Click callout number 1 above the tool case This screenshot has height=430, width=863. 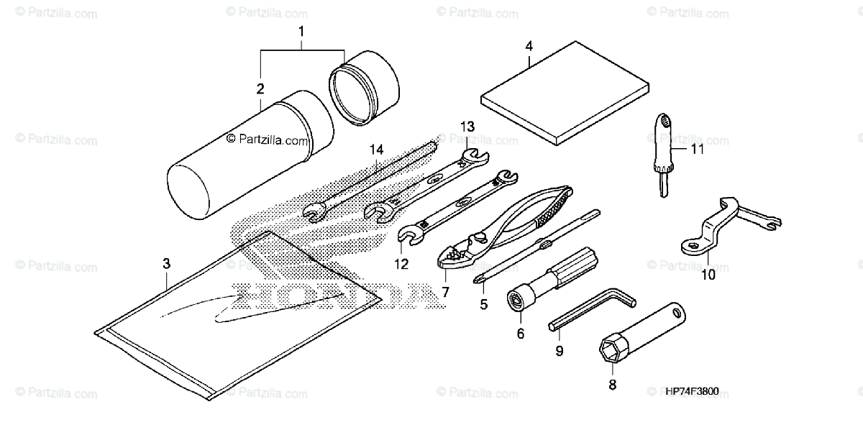(301, 31)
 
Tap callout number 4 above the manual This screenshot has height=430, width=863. (529, 46)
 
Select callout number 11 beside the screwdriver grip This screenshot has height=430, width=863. (696, 150)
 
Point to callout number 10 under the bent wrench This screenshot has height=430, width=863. (709, 274)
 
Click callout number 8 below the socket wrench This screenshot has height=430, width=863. (612, 385)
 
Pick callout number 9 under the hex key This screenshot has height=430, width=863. (559, 351)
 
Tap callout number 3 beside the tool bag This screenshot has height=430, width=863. (166, 264)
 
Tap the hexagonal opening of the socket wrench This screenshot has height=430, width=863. (611, 351)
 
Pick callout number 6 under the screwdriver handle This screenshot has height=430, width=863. (521, 333)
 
